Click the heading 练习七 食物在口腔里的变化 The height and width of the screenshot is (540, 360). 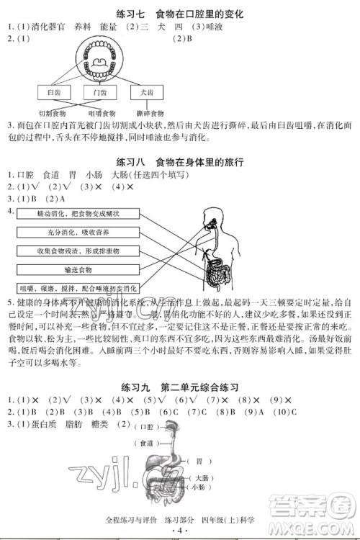pos(179,14)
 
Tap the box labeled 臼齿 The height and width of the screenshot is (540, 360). pos(54,93)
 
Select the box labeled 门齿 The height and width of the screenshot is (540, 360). pos(101,93)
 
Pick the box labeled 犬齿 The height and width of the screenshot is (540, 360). pos(148,93)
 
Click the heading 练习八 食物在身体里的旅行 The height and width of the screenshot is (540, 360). pos(179,162)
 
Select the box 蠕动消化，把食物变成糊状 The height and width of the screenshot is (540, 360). pos(79,215)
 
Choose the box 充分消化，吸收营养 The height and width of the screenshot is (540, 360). pos(79,233)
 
